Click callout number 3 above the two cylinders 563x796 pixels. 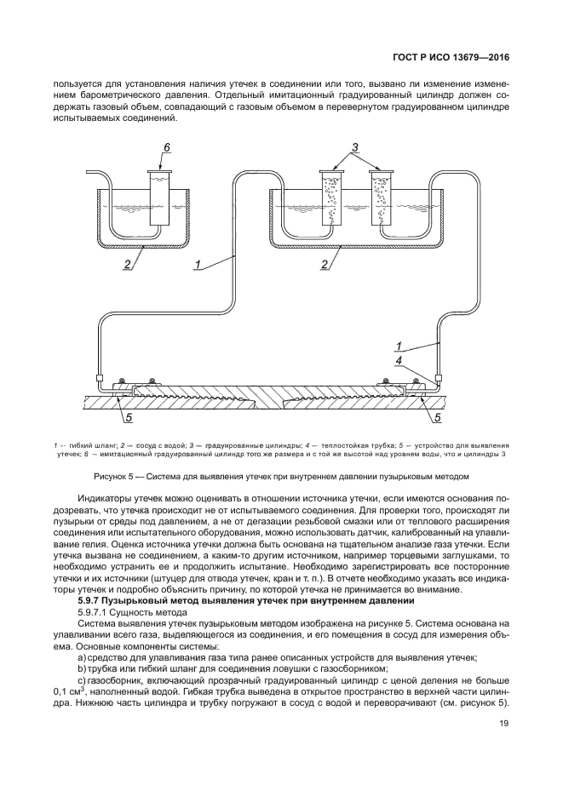(355, 147)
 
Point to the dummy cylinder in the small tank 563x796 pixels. (159, 198)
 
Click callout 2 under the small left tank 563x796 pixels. (125, 265)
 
